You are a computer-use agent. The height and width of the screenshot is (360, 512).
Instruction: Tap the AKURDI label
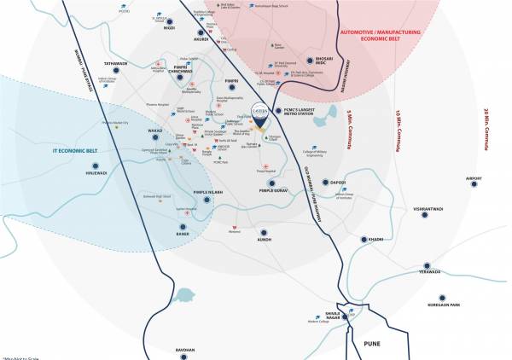tap(201, 38)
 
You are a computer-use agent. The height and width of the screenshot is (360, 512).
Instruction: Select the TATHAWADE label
tap(115, 62)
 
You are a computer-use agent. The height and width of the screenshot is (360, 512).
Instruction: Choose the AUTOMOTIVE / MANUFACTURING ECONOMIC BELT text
tap(388, 36)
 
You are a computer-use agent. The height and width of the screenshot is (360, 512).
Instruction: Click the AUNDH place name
tap(265, 240)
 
